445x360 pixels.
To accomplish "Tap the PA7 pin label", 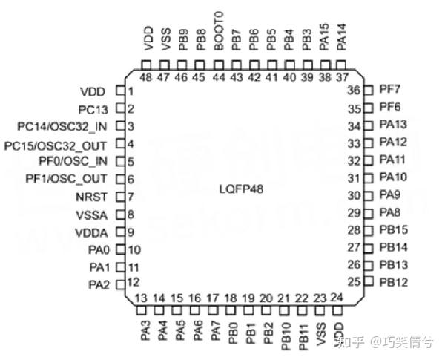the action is [215, 330].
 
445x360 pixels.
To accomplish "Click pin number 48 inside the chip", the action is [146, 77].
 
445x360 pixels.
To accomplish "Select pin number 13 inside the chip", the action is [142, 298].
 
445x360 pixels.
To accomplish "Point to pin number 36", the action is [354, 91].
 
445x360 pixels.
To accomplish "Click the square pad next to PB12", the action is [369, 281].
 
